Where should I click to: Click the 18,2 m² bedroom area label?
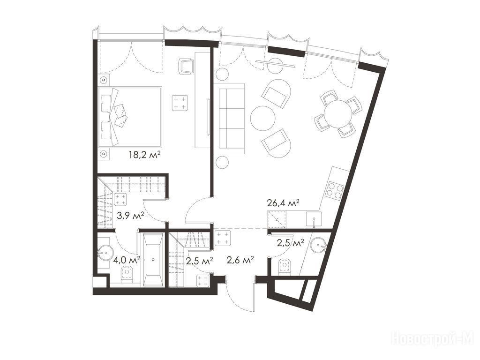click(145, 155)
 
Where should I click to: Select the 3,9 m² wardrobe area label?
click(130, 216)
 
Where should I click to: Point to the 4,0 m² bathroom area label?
click(127, 260)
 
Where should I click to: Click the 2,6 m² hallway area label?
click(240, 260)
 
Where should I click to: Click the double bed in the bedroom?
click(130, 117)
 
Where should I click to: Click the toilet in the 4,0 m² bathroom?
click(127, 273)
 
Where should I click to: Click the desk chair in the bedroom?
click(187, 66)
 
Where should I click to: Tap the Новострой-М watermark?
click(433, 338)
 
